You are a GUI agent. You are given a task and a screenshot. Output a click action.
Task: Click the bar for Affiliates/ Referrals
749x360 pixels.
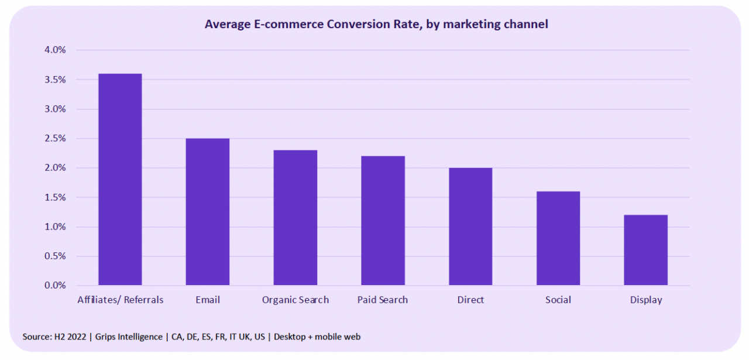point(120,179)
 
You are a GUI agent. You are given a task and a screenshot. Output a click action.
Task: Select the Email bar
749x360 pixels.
point(208,212)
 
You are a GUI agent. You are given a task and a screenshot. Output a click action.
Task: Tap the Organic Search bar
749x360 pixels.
point(296,218)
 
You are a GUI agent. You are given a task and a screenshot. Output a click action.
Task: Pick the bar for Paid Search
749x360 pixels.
point(383,221)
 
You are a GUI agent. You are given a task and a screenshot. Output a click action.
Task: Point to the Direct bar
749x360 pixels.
point(470,227)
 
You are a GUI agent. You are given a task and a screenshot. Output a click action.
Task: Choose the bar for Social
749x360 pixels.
point(558,238)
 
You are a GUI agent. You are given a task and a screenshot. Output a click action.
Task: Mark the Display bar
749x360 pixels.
point(645,250)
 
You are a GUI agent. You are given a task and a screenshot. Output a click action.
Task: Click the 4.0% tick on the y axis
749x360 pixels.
point(55,50)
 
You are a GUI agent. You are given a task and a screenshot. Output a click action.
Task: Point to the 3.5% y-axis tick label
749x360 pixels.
point(55,80)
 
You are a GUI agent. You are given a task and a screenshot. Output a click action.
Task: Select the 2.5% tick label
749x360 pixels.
point(55,139)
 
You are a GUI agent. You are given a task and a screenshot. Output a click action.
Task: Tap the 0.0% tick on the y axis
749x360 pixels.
point(55,286)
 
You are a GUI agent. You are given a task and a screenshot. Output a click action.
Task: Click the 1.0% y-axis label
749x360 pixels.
point(55,227)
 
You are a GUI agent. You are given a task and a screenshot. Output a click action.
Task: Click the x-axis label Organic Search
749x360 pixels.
point(296,300)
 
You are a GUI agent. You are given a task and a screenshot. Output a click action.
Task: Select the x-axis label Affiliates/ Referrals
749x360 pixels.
point(121,300)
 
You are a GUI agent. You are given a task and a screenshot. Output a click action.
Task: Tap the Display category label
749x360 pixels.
point(646,300)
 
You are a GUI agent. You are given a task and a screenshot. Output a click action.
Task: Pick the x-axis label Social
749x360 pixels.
point(558,300)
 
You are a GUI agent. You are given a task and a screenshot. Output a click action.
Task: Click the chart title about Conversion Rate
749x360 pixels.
point(376,25)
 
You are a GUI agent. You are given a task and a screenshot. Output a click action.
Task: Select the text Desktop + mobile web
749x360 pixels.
point(317,337)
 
